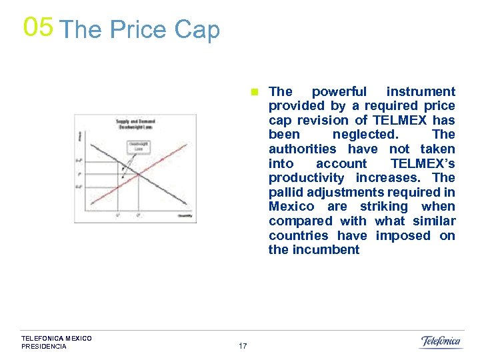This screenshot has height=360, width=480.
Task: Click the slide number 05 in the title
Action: [x=37, y=27]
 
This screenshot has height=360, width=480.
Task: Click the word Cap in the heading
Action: [x=197, y=30]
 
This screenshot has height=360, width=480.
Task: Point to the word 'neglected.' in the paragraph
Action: [x=365, y=135]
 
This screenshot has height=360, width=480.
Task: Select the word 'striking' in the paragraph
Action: [x=383, y=206]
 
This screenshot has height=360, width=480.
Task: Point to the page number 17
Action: [x=242, y=346]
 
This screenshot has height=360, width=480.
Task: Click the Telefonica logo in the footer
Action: [x=440, y=342]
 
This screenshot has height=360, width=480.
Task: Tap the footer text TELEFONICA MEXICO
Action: [x=57, y=339]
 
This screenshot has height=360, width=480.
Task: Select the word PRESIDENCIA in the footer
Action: [x=44, y=347]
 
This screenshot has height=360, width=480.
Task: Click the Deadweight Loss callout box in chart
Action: [x=139, y=146]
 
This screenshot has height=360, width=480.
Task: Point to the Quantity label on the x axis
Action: [x=185, y=215]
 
